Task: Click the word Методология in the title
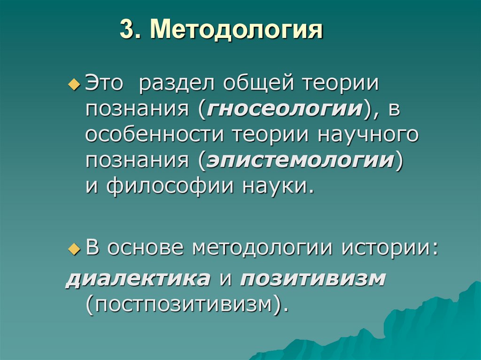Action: [x=237, y=30]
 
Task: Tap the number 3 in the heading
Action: [x=125, y=30]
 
